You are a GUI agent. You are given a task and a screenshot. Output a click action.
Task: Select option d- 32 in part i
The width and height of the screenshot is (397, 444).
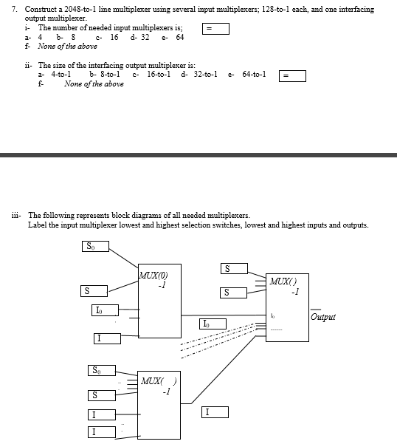[139, 37]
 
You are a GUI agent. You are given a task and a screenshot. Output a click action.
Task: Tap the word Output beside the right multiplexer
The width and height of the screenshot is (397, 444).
[322, 317]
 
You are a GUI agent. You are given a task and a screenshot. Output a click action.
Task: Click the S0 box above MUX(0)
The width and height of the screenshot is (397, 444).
[92, 247]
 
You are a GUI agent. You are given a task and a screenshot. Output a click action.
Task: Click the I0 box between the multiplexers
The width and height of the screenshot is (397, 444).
[208, 323]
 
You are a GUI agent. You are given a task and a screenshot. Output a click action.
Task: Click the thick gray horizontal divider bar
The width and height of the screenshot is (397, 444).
[198, 155]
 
